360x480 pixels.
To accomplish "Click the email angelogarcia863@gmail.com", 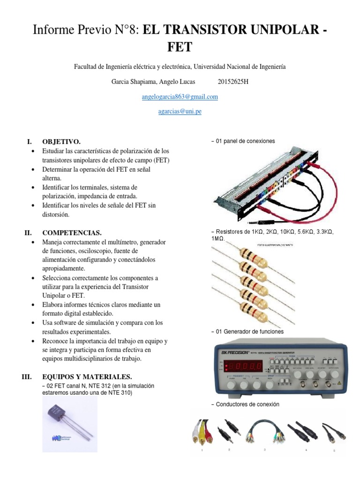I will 180,97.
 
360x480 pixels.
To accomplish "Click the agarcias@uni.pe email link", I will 180,112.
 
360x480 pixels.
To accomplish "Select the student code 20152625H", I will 233,82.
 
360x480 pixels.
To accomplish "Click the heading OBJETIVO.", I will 61,141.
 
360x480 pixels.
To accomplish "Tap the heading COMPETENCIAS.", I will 72,232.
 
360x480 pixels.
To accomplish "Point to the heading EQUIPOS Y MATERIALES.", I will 87,377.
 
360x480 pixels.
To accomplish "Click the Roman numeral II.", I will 28,232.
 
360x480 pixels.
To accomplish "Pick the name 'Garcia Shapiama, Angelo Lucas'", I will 153,82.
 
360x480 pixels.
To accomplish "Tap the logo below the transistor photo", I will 57,439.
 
